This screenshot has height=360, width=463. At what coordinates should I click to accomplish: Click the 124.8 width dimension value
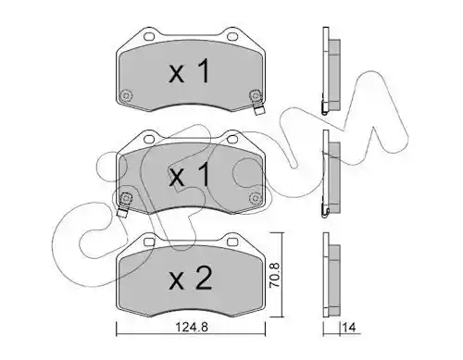192,327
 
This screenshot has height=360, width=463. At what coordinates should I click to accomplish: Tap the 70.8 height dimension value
274,276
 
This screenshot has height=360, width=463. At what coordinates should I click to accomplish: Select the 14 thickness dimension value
349,327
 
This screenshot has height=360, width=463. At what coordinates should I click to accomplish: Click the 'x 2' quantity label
191,279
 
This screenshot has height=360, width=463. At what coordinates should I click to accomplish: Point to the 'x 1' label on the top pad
190,72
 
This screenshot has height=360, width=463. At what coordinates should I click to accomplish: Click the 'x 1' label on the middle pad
190,175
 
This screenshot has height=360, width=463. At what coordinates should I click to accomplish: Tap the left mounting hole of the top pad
149,36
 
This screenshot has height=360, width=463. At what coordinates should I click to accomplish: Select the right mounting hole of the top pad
232,37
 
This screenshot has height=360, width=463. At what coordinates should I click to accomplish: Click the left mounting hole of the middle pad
149,139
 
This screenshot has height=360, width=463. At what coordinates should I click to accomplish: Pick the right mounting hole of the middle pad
232,139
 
